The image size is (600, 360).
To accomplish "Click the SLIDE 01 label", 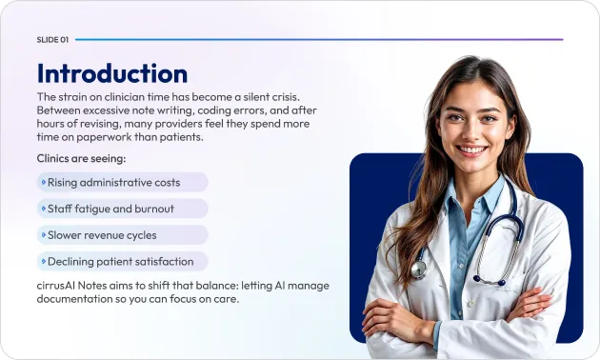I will (52, 40).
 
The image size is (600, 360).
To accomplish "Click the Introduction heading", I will (111, 73).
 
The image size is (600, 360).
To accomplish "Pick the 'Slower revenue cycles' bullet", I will (122, 234).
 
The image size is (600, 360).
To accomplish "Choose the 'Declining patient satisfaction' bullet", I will (122, 261).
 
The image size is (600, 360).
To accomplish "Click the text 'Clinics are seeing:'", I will (81, 158).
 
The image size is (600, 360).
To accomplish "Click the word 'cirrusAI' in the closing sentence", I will (60, 286).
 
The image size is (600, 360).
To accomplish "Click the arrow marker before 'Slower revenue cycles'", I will (43, 234).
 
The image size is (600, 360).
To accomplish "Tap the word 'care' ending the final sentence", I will (222, 299).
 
